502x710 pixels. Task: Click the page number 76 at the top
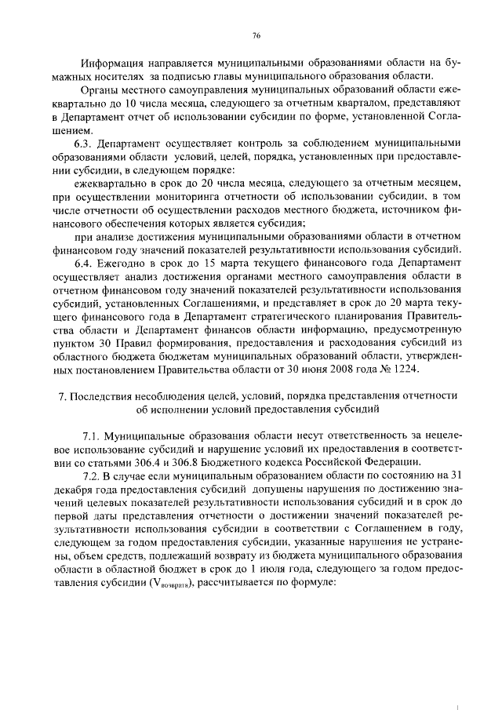click(x=256, y=35)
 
